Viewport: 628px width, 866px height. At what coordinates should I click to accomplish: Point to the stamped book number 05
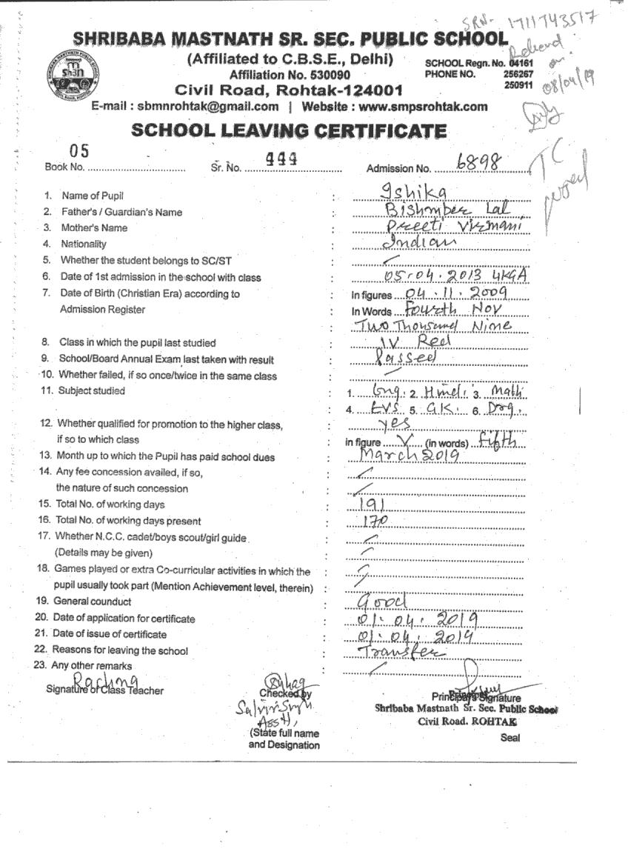tap(79, 151)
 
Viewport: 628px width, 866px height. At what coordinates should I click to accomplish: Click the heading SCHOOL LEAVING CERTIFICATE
tap(289, 131)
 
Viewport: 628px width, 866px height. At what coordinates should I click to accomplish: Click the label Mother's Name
tap(94, 228)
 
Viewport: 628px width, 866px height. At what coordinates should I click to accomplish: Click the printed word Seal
tap(510, 738)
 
